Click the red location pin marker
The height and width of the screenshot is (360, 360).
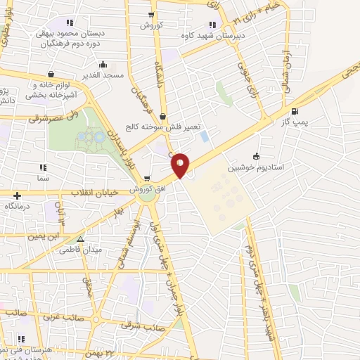click(x=181, y=165)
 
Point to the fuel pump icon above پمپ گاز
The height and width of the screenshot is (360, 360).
click(x=294, y=111)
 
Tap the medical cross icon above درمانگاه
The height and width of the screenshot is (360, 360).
click(x=17, y=196)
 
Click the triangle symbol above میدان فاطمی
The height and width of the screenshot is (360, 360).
click(x=89, y=239)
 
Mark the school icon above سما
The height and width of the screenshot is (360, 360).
click(x=42, y=168)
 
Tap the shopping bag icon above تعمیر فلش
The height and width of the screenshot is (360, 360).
click(x=163, y=117)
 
